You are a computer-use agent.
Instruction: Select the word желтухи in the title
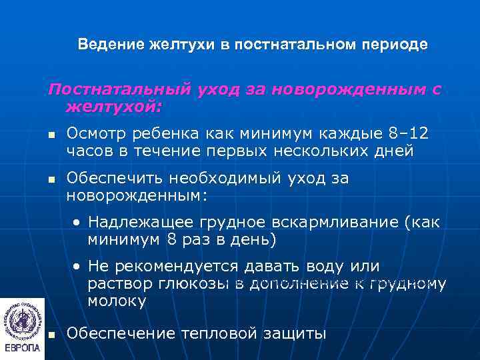(179, 45)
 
